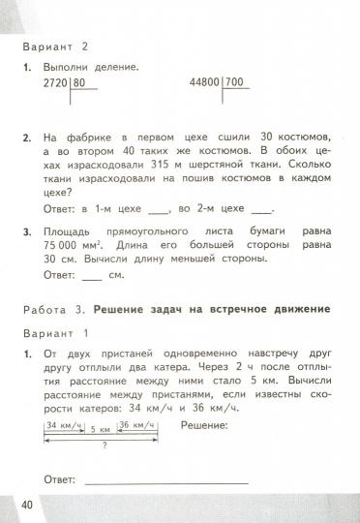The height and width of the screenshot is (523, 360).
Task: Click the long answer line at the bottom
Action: (x=165, y=481)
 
